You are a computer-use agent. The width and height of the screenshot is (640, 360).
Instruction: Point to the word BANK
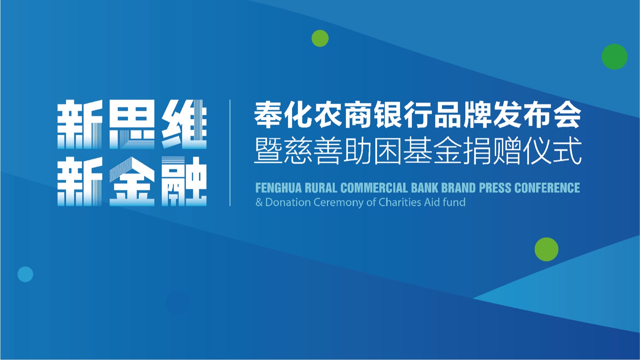(424, 188)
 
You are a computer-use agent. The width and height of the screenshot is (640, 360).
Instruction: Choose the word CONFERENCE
(547, 188)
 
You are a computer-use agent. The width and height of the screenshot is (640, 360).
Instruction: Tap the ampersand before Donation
(259, 202)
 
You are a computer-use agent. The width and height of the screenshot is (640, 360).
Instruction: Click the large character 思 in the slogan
(132, 124)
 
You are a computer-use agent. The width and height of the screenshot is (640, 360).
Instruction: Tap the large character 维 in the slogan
(184, 124)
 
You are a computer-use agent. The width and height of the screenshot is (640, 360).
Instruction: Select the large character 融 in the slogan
(184, 182)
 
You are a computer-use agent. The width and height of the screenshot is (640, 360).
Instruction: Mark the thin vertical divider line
(230, 153)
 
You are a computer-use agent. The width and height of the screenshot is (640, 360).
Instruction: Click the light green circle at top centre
(320, 38)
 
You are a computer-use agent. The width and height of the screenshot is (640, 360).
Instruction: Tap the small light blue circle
(26, 274)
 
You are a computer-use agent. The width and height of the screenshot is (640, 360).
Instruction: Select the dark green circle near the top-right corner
(614, 56)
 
